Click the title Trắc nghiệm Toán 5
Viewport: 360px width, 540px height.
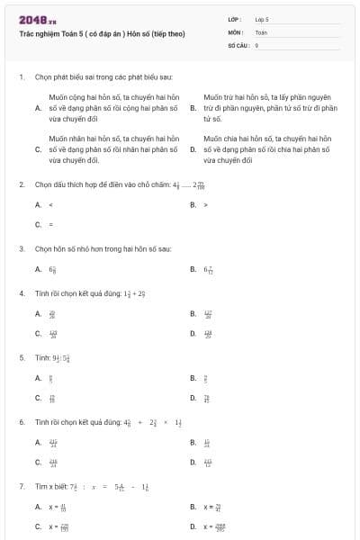pos(102,33)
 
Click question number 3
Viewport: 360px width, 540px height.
pos(21,247)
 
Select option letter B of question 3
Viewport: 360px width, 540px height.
pos(193,268)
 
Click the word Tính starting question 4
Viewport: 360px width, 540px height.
pos(41,292)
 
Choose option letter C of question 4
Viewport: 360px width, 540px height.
pos(38,333)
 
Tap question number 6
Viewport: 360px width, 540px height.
pos(21,421)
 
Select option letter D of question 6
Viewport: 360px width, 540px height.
pos(193,463)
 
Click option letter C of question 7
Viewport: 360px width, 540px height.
pos(38,526)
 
